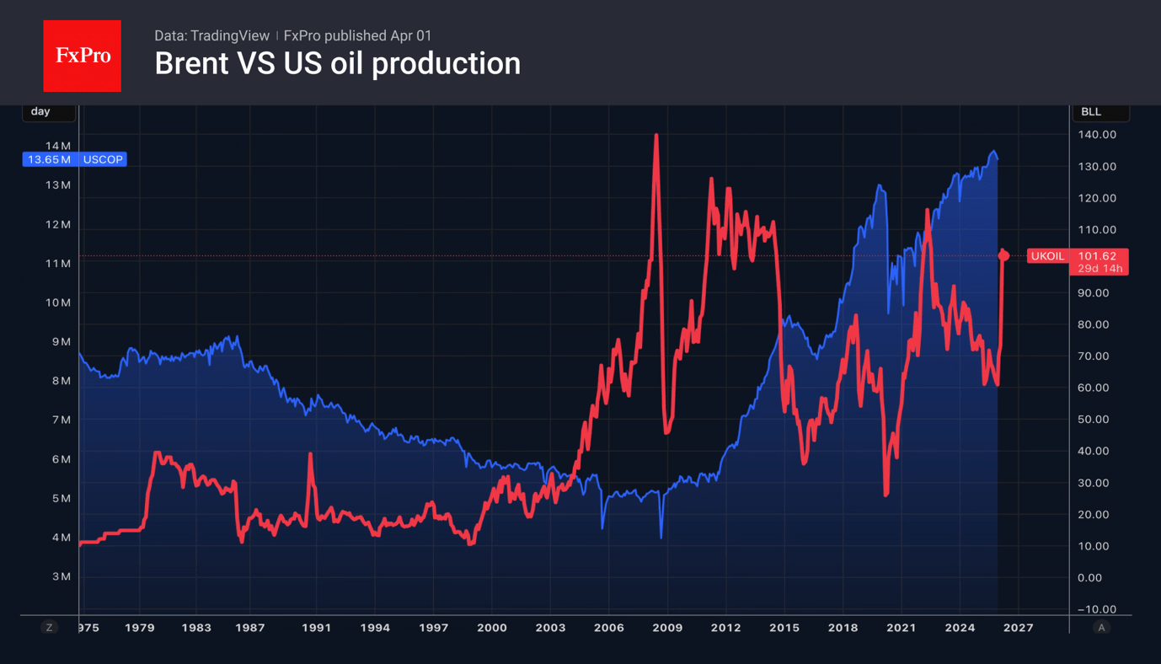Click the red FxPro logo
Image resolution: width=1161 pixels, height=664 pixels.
[82, 56]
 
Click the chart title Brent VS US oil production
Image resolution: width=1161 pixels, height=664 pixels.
[337, 64]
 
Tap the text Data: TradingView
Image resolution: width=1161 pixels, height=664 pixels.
[211, 35]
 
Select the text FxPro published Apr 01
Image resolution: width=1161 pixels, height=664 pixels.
[357, 35]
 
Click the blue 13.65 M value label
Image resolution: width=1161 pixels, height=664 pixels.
[50, 159]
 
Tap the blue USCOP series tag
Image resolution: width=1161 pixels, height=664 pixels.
[103, 159]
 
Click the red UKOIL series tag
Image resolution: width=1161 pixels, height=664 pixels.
[1047, 256]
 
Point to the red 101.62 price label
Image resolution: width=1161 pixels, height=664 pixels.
[1097, 256]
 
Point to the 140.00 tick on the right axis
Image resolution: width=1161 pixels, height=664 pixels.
[1097, 135]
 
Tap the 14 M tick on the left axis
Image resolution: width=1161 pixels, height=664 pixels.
[58, 146]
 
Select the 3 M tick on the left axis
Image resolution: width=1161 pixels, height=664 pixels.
[61, 576]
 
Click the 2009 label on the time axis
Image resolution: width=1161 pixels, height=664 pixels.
[667, 628]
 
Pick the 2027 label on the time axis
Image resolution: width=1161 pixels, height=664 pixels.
[1018, 628]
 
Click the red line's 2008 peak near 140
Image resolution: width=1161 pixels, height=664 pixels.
[655, 137]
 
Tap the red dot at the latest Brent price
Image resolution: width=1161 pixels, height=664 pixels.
[1003, 255]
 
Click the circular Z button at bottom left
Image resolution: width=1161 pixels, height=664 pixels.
[50, 628]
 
